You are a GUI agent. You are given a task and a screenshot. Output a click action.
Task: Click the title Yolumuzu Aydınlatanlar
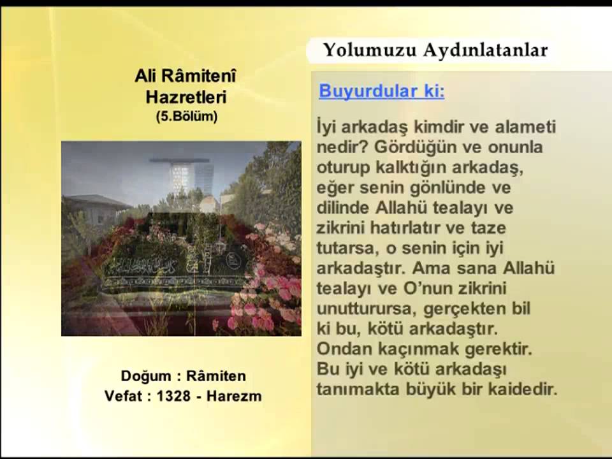click(435, 50)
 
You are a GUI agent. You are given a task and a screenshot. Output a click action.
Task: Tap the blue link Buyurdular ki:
click(381, 91)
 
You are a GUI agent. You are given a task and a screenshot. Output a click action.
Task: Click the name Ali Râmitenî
click(186, 77)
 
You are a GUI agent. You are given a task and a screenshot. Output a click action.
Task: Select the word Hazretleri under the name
click(186, 98)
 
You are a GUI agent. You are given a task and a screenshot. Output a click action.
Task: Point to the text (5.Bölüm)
click(186, 117)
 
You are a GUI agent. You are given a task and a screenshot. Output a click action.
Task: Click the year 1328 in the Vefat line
click(173, 396)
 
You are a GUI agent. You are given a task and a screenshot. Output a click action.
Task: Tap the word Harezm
click(235, 396)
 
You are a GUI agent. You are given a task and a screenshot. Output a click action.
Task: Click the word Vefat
click(124, 396)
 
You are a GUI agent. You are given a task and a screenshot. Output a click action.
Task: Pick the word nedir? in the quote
click(342, 147)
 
